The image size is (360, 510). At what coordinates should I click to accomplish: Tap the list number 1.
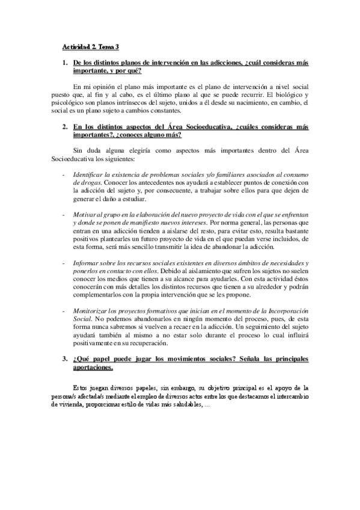pos(65,62)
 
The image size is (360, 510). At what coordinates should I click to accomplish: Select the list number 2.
pos(65,127)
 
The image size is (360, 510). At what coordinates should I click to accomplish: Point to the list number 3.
pos(65,359)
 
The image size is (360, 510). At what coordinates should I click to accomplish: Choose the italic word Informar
pos(87,263)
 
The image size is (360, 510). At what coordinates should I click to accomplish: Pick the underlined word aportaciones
pos(91,367)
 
